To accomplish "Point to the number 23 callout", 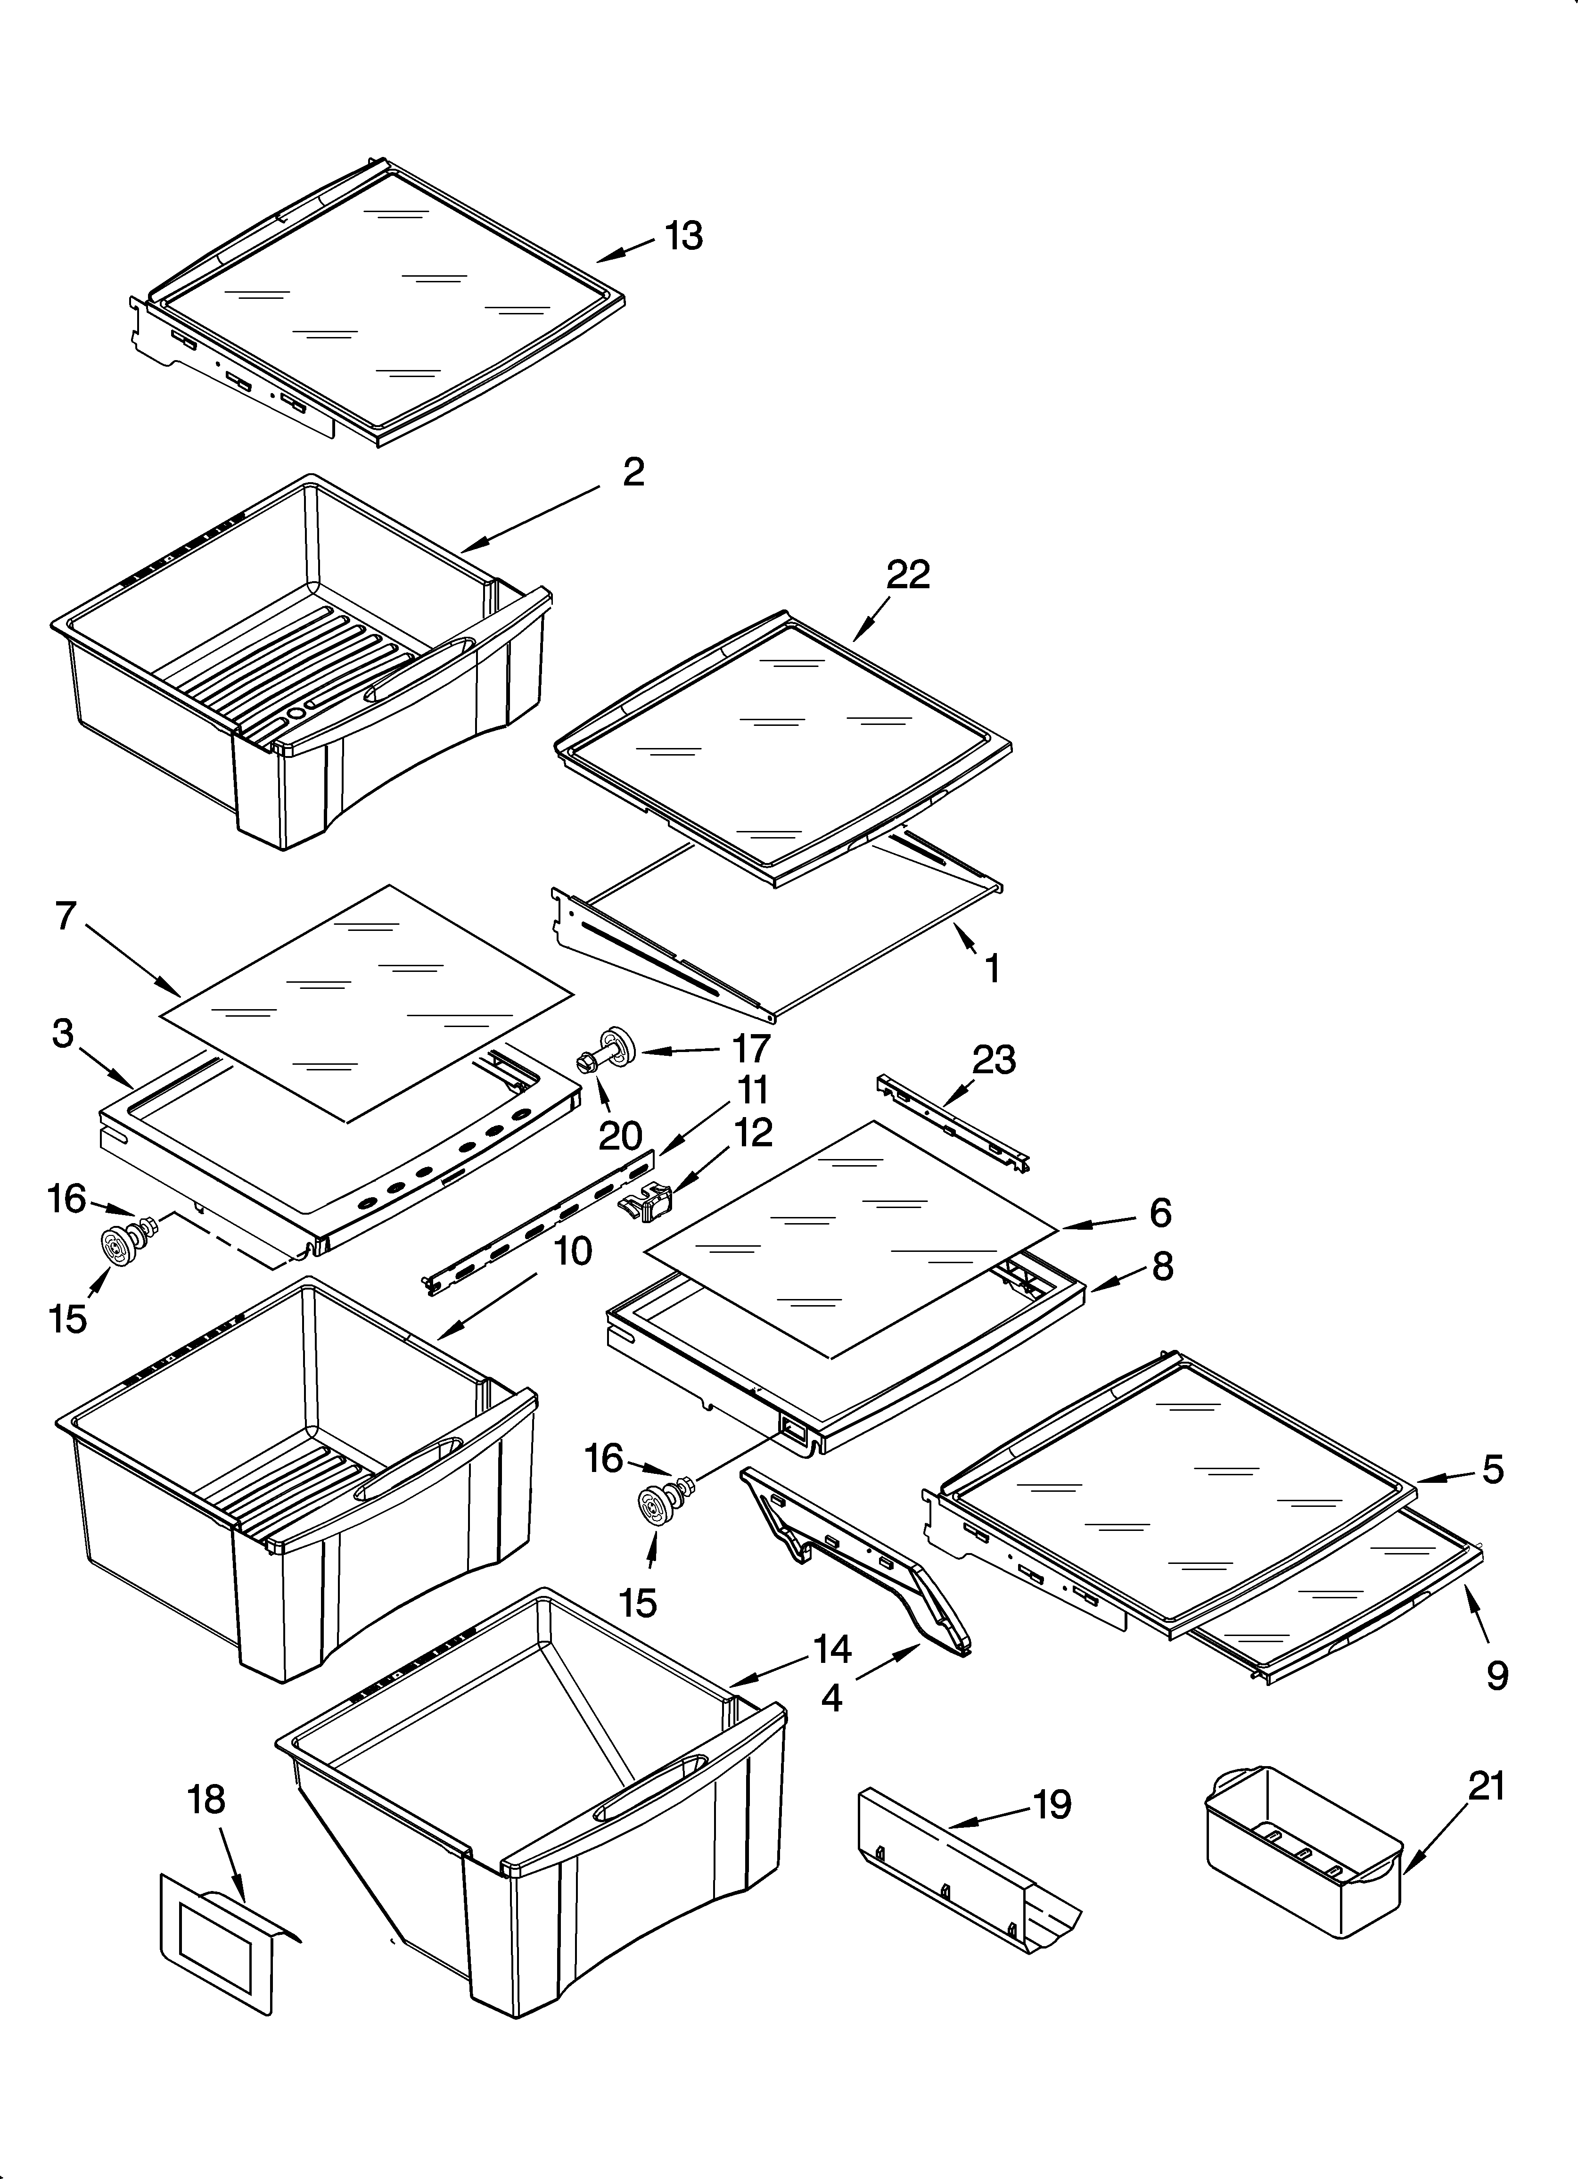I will click(993, 1060).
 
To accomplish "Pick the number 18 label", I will click(206, 1800).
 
